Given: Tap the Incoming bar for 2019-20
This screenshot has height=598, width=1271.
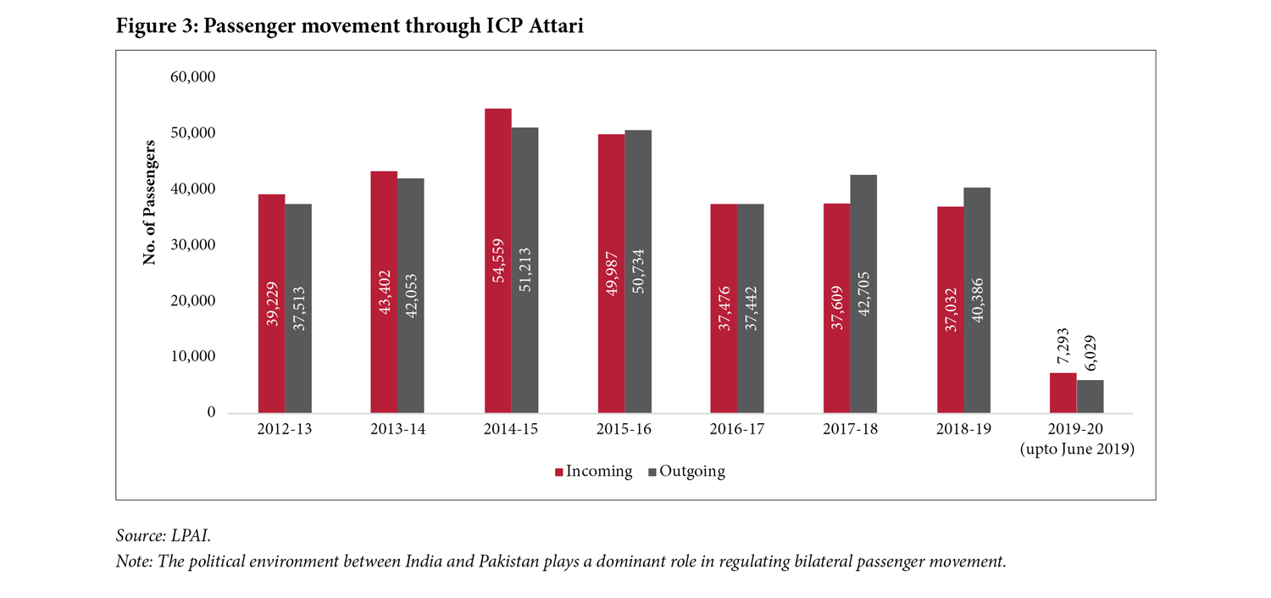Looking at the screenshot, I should tap(1063, 393).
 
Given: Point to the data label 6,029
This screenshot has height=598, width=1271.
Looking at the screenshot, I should tap(1090, 347).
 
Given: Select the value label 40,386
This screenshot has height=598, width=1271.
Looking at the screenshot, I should tap(977, 302).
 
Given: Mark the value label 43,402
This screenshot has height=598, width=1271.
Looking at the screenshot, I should tap(384, 302).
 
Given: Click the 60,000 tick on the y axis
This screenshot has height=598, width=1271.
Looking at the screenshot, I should tap(193, 77).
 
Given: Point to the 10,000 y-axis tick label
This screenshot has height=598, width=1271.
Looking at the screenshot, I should tap(193, 357).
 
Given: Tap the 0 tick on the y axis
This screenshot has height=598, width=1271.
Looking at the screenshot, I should tap(211, 413).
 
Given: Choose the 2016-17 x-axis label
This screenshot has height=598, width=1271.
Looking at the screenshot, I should tap(737, 429).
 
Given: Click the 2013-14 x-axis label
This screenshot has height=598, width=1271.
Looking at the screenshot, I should tap(397, 429).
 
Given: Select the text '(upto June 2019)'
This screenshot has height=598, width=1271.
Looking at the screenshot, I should tap(1076, 450).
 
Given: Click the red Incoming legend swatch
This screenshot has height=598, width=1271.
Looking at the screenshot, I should tap(559, 472).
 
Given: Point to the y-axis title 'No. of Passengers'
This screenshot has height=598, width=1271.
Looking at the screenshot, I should tap(150, 203).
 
